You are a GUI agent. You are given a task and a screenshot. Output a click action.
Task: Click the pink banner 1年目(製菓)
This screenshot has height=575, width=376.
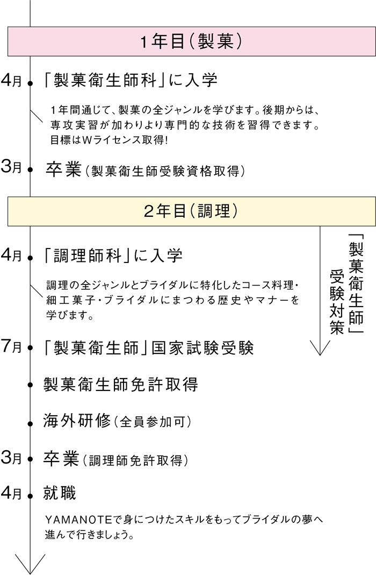coord(192,41)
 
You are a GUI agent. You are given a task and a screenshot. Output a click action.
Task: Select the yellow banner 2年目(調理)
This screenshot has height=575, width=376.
coord(192,211)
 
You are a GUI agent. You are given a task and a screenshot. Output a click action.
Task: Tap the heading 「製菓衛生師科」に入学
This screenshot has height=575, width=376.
coord(131,80)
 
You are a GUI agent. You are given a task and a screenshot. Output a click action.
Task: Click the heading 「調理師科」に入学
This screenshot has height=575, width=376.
coord(113,255)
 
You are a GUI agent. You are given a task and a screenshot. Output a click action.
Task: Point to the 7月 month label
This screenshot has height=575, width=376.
coord(11,346)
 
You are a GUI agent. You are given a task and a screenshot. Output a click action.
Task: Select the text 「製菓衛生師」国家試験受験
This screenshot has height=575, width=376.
coord(148,347)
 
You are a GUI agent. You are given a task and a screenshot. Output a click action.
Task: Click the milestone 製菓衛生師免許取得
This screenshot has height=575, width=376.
coord(121,384)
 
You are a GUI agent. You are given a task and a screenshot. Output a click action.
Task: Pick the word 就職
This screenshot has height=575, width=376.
coord(60,493)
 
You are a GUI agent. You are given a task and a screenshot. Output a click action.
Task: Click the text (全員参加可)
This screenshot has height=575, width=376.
coord(153,422)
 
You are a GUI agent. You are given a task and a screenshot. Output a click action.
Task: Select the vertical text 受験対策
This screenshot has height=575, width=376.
coord(337,301)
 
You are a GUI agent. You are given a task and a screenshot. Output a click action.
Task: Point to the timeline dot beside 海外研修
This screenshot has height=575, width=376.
coord(30,424)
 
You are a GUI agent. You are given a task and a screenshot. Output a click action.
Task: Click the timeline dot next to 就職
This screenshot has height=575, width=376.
coord(30,495)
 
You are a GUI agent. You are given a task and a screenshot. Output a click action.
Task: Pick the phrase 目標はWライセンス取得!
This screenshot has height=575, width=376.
coord(109,140)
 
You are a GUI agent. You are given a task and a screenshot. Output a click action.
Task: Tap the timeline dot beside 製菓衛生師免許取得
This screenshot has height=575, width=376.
coord(30,385)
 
